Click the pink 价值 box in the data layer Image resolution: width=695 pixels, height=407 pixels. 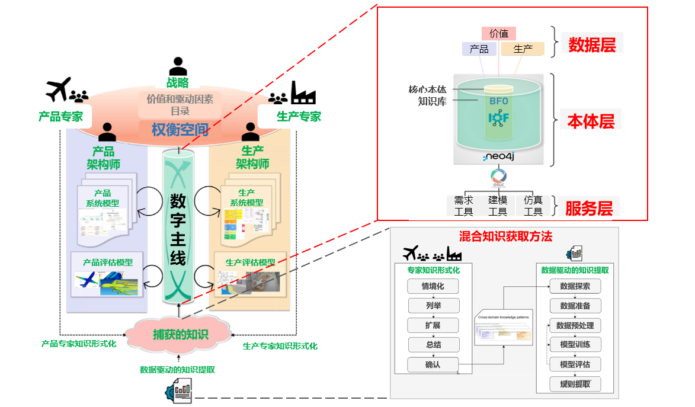pos(499,33)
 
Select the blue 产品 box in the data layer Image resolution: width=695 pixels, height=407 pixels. pos(479,49)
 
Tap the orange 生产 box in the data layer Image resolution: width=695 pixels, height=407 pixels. pos(523,49)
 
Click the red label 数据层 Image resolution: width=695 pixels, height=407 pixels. pos(592,45)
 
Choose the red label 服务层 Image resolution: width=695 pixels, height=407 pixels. pos(588,208)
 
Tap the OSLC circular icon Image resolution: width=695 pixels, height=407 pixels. pos(498,177)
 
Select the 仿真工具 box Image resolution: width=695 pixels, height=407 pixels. pos(533,206)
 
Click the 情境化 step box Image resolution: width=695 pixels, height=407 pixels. pos(433,286)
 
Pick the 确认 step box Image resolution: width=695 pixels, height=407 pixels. pos(433,364)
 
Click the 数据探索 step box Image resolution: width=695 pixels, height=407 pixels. pos(575,286)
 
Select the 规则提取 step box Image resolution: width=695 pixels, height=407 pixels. pos(575,384)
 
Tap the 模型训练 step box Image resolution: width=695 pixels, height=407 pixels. pos(575,344)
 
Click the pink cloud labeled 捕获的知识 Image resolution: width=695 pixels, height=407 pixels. pos(180,334)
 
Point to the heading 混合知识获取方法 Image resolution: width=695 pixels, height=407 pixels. pos(505,236)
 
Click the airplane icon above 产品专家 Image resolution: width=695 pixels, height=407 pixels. pos(59,89)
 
